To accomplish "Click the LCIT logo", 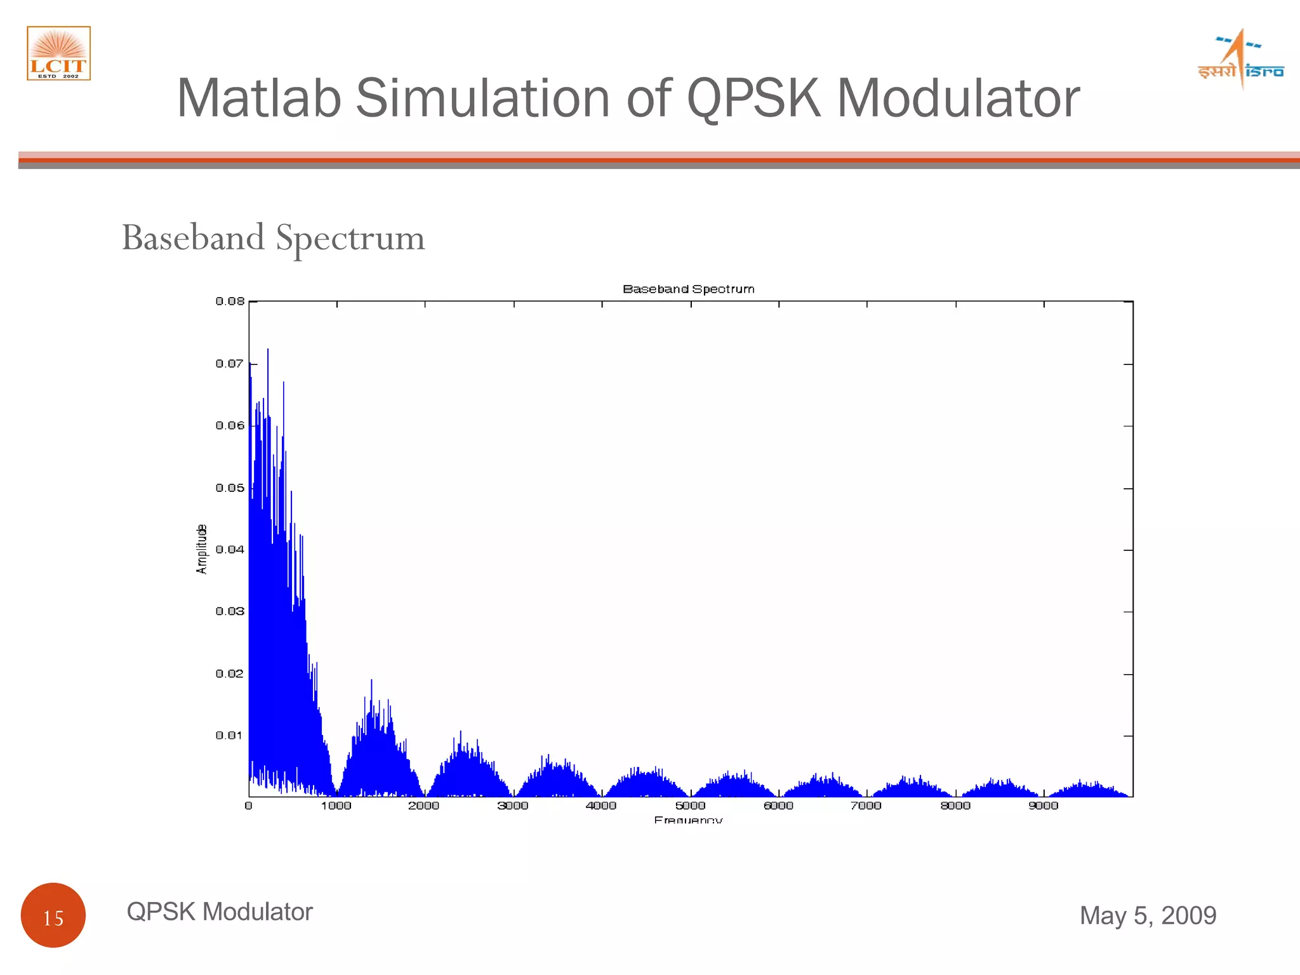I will [x=58, y=53].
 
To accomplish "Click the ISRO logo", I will [x=1240, y=60].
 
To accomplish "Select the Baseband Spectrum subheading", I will [x=273, y=238].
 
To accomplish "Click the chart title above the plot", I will [x=688, y=289].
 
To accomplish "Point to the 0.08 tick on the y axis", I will [x=230, y=301].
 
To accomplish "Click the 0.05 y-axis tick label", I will [x=230, y=488].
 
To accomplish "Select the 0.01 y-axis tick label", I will [x=230, y=736].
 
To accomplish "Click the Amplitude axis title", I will [x=202, y=549].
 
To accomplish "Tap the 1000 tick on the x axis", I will [x=336, y=806].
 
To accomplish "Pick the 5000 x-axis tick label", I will [x=690, y=806].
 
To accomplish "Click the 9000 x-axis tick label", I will [x=1043, y=806].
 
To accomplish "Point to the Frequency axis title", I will [x=688, y=819].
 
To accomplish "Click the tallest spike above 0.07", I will [x=268, y=350].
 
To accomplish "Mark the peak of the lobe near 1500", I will [x=371, y=681].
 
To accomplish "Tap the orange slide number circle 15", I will [x=53, y=915].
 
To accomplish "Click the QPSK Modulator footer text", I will [x=220, y=912].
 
